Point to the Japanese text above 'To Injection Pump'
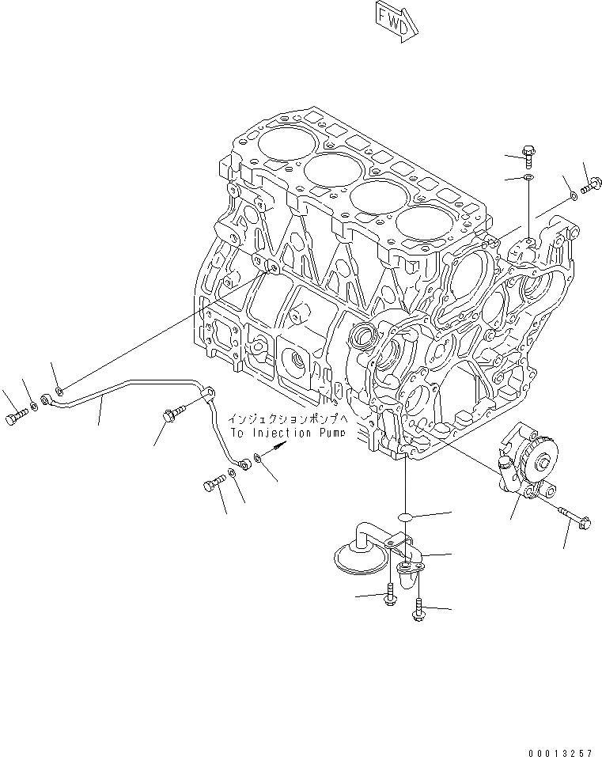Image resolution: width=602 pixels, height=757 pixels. [286, 419]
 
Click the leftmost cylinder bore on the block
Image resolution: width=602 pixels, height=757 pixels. [273, 144]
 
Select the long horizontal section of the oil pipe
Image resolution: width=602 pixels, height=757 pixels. [119, 388]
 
